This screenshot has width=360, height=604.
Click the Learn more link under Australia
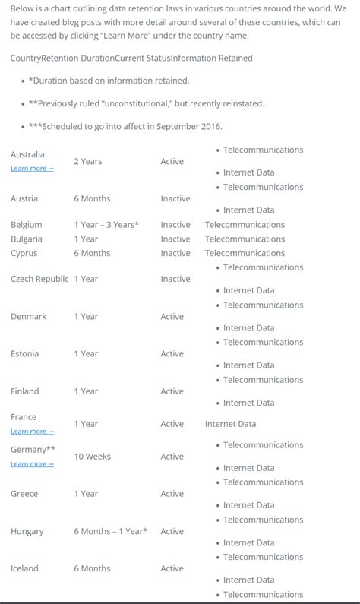pyautogui.click(x=32, y=169)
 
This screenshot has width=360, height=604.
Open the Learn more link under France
pyautogui.click(x=32, y=432)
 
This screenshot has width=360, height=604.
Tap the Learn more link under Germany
pyautogui.click(x=32, y=464)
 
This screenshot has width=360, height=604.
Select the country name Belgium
pyautogui.click(x=27, y=225)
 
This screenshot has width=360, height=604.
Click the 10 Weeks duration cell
pyautogui.click(x=92, y=457)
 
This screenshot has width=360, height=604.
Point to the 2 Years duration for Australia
pyautogui.click(x=88, y=162)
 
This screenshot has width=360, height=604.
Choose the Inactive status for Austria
pyautogui.click(x=175, y=199)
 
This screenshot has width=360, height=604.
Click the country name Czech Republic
pyautogui.click(x=39, y=279)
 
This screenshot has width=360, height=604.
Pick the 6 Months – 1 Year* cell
pyautogui.click(x=111, y=532)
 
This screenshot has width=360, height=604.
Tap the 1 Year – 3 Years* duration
pyautogui.click(x=106, y=225)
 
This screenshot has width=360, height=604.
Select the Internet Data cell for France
pyautogui.click(x=230, y=424)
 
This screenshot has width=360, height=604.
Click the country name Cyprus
pyautogui.click(x=24, y=253)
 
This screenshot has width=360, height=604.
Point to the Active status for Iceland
pyautogui.click(x=172, y=568)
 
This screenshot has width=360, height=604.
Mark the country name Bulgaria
pyautogui.click(x=27, y=239)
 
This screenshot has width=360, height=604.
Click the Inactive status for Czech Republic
pyautogui.click(x=175, y=279)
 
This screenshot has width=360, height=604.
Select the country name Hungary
pyautogui.click(x=27, y=532)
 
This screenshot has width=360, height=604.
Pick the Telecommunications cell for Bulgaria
pyautogui.click(x=245, y=239)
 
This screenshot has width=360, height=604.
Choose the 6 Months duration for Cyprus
pyautogui.click(x=92, y=253)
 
